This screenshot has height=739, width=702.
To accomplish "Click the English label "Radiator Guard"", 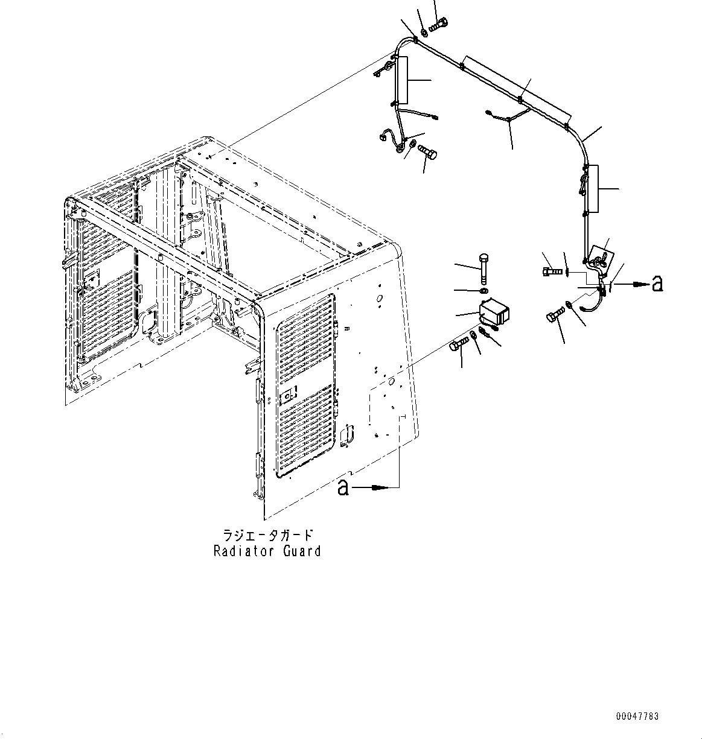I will [267, 551].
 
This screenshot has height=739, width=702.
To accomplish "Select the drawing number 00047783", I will [637, 717].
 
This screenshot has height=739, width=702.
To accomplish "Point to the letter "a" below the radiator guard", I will [343, 487].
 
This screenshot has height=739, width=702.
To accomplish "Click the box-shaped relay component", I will [494, 314].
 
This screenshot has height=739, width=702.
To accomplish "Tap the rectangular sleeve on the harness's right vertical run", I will [591, 189].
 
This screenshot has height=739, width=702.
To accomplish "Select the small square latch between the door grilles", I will [289, 395].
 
